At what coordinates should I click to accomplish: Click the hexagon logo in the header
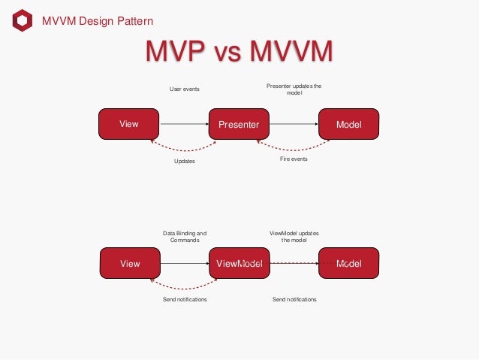pyautogui.click(x=23, y=20)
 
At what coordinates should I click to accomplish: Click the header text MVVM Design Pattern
pyautogui.click(x=97, y=21)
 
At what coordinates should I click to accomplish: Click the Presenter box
pyautogui.click(x=239, y=124)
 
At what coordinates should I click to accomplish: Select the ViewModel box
pyautogui.click(x=239, y=264)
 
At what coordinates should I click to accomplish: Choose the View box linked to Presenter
pyautogui.click(x=129, y=124)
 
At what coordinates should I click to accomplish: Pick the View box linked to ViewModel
pyautogui.click(x=130, y=264)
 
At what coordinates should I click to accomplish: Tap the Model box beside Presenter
pyautogui.click(x=348, y=124)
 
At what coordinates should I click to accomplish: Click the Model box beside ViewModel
pyautogui.click(x=348, y=264)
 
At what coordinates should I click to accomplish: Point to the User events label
pyautogui.click(x=184, y=89)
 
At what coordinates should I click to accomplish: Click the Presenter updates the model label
pyautogui.click(x=294, y=89)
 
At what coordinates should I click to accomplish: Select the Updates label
pyautogui.click(x=184, y=161)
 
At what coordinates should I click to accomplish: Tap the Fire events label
pyautogui.click(x=294, y=159)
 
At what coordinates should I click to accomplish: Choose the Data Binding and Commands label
pyautogui.click(x=184, y=236)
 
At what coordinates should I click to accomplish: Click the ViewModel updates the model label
pyautogui.click(x=294, y=236)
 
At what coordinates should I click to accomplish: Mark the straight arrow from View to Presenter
pyautogui.click(x=184, y=124)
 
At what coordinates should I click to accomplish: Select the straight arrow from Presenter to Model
pyautogui.click(x=294, y=124)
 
